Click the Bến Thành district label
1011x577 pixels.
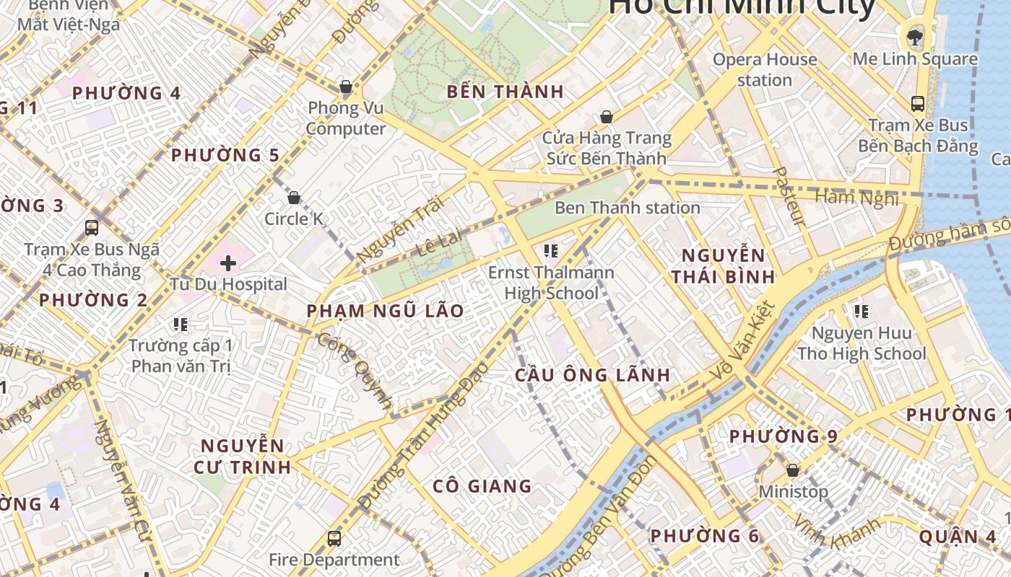tap(505, 92)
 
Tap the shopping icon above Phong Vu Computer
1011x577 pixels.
tap(346, 87)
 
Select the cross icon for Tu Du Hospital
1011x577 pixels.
tap(228, 263)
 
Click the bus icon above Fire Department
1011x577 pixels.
tap(334, 538)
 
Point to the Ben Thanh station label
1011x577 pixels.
tap(627, 208)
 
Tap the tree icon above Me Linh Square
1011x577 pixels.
tap(915, 36)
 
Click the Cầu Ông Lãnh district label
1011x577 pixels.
tap(592, 375)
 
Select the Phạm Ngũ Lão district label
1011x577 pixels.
tap(385, 311)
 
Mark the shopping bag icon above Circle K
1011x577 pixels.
tap(294, 198)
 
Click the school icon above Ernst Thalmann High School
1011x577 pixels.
tap(551, 251)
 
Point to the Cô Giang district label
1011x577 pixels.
tap(482, 486)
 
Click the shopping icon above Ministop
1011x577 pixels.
tap(793, 470)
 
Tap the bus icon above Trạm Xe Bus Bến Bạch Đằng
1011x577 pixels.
tap(917, 104)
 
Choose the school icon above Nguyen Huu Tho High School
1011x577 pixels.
tap(861, 312)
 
